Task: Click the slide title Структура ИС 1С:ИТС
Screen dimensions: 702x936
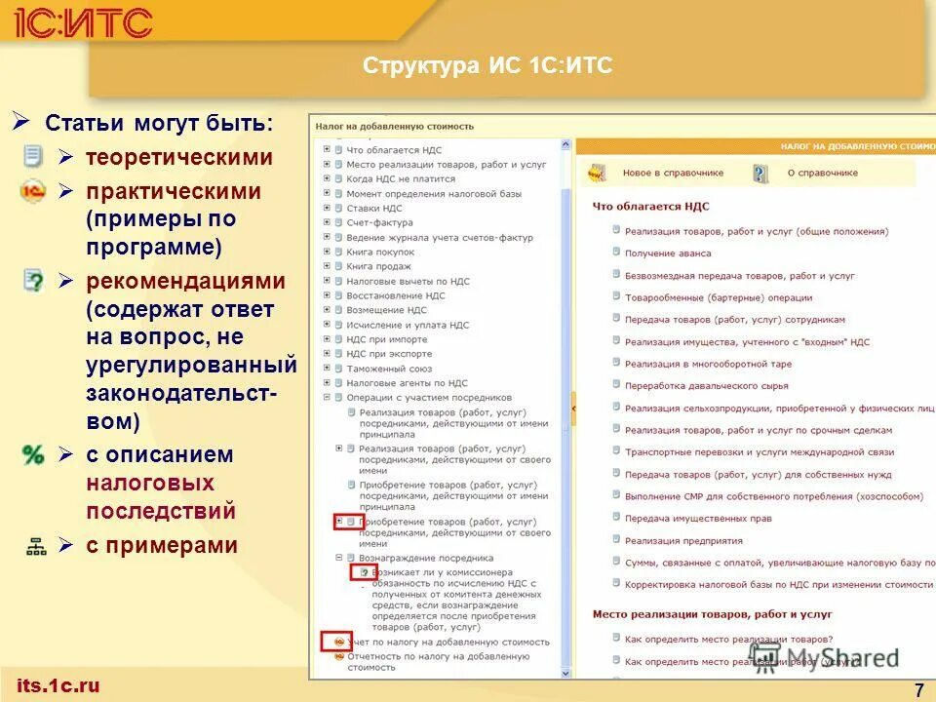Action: pos(487,66)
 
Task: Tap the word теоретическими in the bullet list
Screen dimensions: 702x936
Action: pos(178,157)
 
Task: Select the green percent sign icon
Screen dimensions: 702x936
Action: pos(33,454)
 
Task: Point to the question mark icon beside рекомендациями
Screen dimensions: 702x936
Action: pos(33,281)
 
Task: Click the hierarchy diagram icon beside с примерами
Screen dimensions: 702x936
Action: pos(36,546)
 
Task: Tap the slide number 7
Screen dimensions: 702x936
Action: pos(918,690)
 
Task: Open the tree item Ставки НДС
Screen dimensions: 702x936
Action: pos(373,208)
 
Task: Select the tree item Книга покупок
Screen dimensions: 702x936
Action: pos(380,252)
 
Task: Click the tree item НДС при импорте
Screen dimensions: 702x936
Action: pos(388,339)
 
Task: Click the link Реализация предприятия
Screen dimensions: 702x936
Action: pos(683,541)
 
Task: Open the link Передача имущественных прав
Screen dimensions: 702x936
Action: pos(698,519)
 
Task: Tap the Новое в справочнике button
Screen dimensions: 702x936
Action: pos(673,173)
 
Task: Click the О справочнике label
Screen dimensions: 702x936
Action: pos(822,173)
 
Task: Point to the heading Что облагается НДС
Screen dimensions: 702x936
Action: pos(650,207)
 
